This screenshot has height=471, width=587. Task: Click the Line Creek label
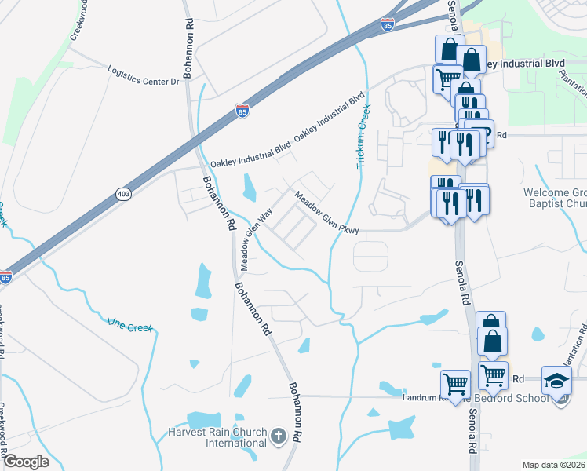(x=129, y=324)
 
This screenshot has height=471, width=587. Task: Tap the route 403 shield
(x=124, y=193)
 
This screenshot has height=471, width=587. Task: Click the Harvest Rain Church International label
(x=217, y=438)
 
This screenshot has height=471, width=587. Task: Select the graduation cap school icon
(x=556, y=380)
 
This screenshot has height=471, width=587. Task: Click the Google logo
(x=26, y=462)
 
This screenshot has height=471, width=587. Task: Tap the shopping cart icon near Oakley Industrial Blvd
(x=447, y=78)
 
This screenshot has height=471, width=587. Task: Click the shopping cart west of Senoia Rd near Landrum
(x=454, y=384)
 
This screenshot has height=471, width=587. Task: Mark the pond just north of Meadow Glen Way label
(x=250, y=187)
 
